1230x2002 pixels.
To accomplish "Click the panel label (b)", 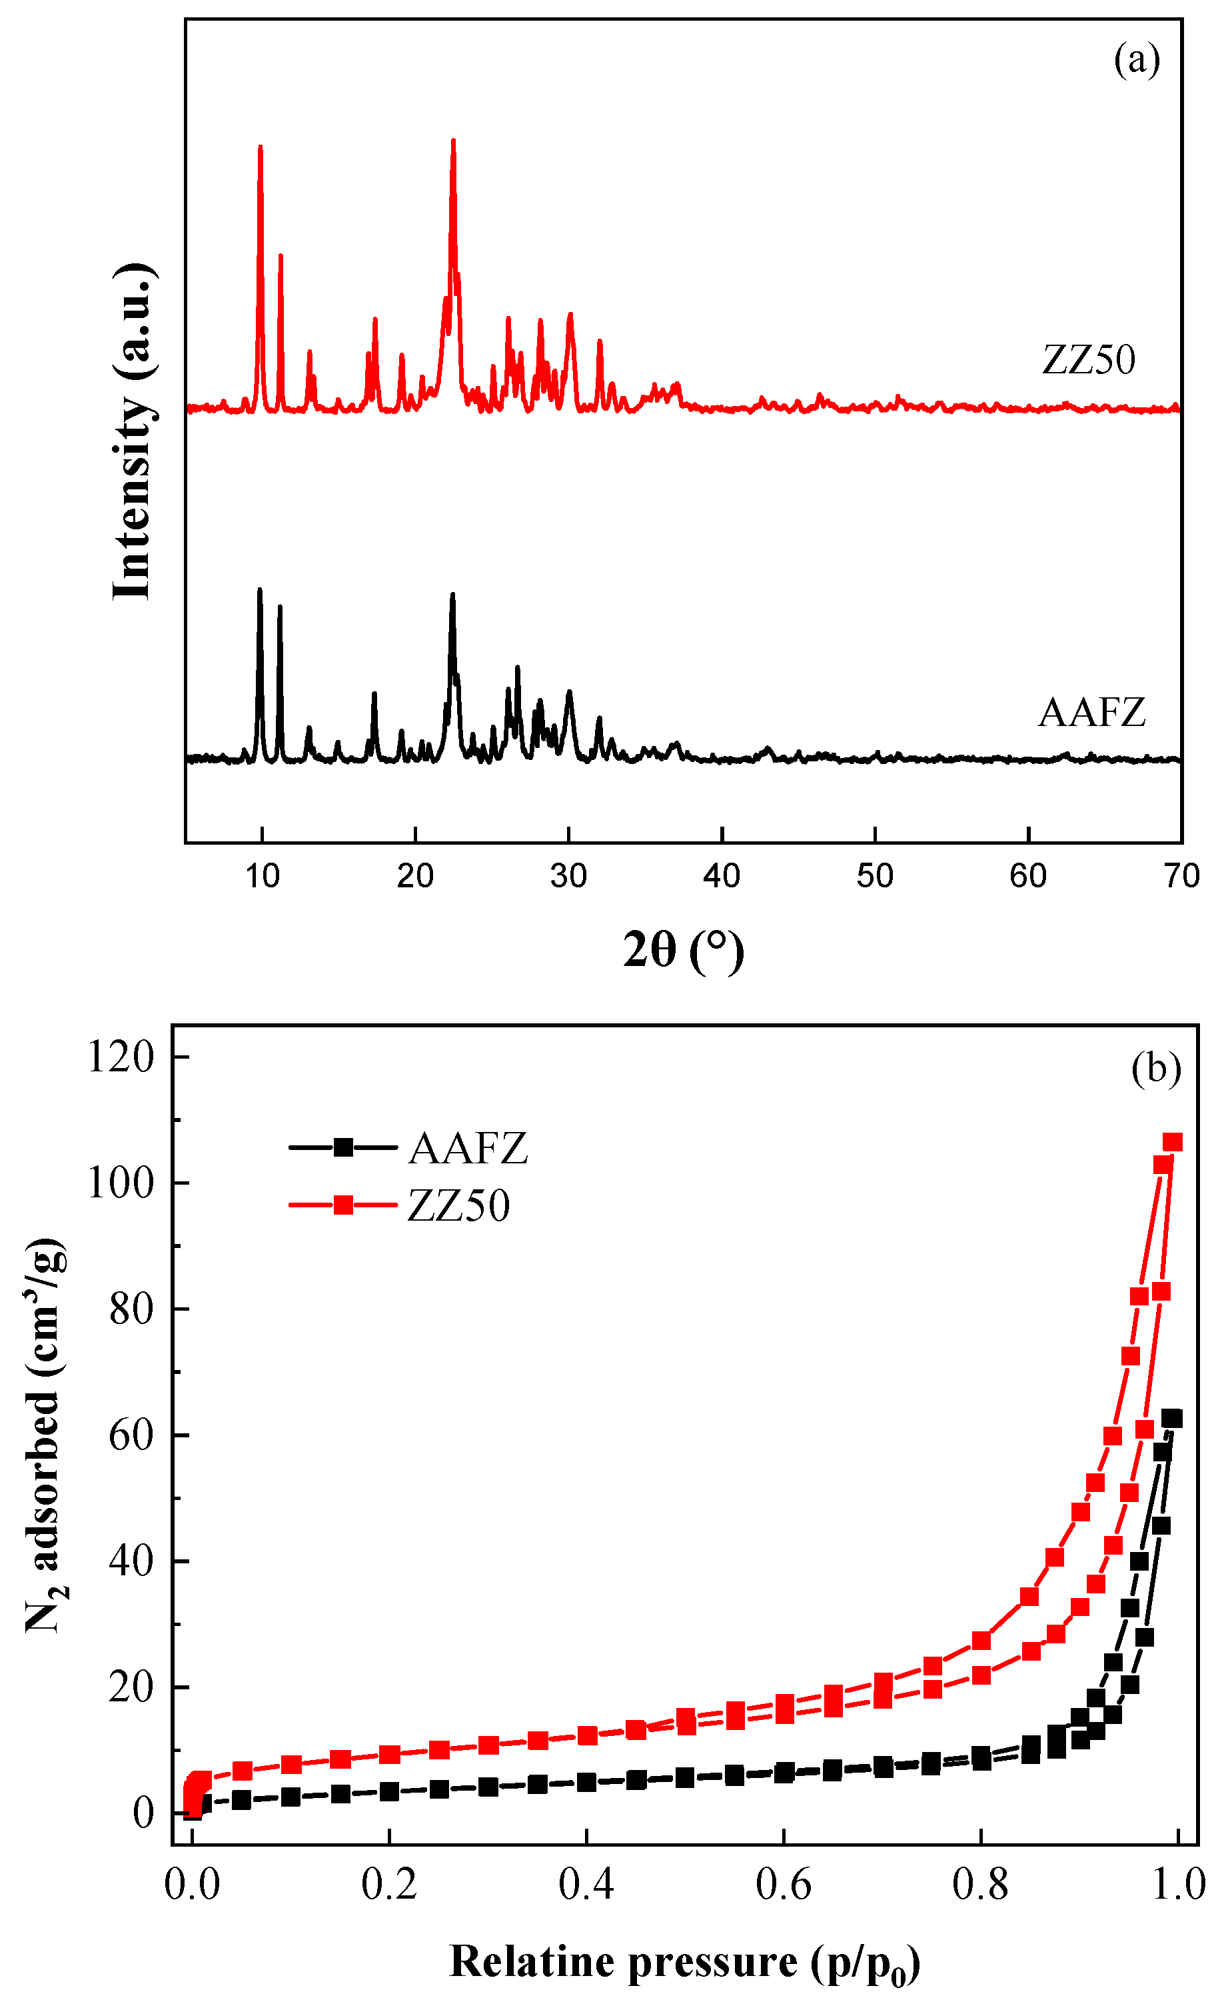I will point(1155,1068).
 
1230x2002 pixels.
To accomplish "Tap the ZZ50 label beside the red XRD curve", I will point(1089,360).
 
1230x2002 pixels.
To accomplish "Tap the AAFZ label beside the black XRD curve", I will point(1091,713).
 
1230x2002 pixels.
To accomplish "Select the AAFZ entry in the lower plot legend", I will point(468,1148).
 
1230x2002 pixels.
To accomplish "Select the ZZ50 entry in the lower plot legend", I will point(458,1205).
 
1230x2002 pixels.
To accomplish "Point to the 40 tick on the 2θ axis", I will point(722,876).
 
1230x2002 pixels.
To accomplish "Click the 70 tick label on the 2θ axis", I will point(1181,876).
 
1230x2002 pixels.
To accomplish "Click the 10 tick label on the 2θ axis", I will point(262,876).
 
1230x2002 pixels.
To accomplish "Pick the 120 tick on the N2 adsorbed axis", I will point(121,1057).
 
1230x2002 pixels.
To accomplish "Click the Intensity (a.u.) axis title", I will point(132,432).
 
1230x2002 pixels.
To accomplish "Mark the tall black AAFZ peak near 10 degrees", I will point(259,591).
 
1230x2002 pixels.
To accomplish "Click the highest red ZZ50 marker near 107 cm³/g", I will point(1172,1143).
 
